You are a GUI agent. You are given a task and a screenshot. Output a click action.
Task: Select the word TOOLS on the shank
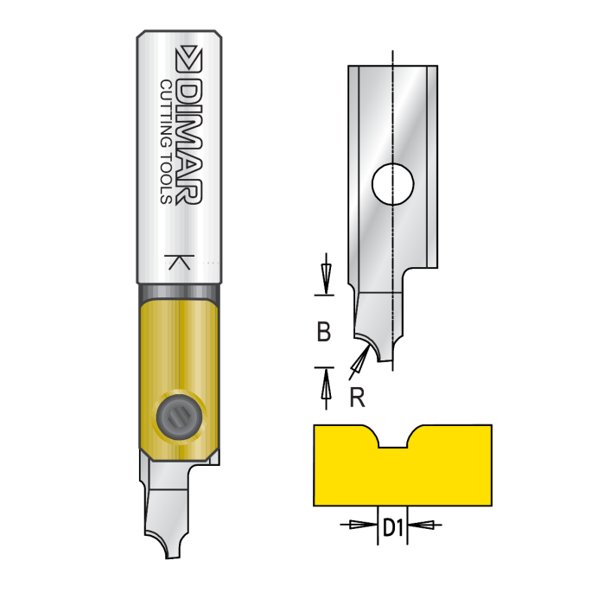tap(167, 178)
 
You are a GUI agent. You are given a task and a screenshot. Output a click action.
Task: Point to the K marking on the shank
tap(179, 263)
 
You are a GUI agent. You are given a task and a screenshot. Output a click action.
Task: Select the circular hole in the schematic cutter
tap(393, 181)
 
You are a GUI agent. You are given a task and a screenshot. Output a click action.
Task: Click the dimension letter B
tap(324, 332)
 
